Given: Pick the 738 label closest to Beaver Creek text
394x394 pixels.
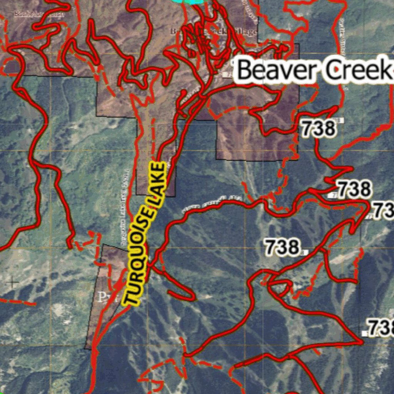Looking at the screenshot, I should pyautogui.click(x=317, y=129).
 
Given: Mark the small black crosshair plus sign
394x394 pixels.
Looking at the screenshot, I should pyautogui.click(x=13, y=284).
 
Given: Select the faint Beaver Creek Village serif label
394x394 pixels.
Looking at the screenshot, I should pyautogui.click(x=214, y=32).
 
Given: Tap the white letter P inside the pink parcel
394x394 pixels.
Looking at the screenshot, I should pyautogui.click(x=102, y=297).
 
